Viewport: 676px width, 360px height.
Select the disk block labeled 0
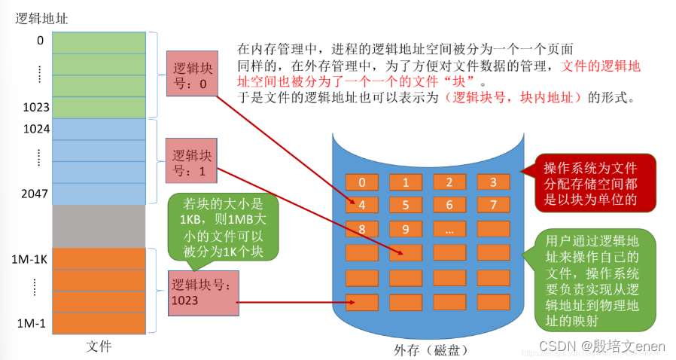362,182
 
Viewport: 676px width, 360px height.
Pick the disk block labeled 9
406,229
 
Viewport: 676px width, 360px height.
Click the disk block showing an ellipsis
449,229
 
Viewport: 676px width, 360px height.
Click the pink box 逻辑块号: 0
193,73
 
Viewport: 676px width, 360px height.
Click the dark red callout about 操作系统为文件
590,183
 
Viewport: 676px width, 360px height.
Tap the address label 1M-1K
31,259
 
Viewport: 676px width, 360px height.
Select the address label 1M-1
32,324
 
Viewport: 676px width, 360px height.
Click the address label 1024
36,129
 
